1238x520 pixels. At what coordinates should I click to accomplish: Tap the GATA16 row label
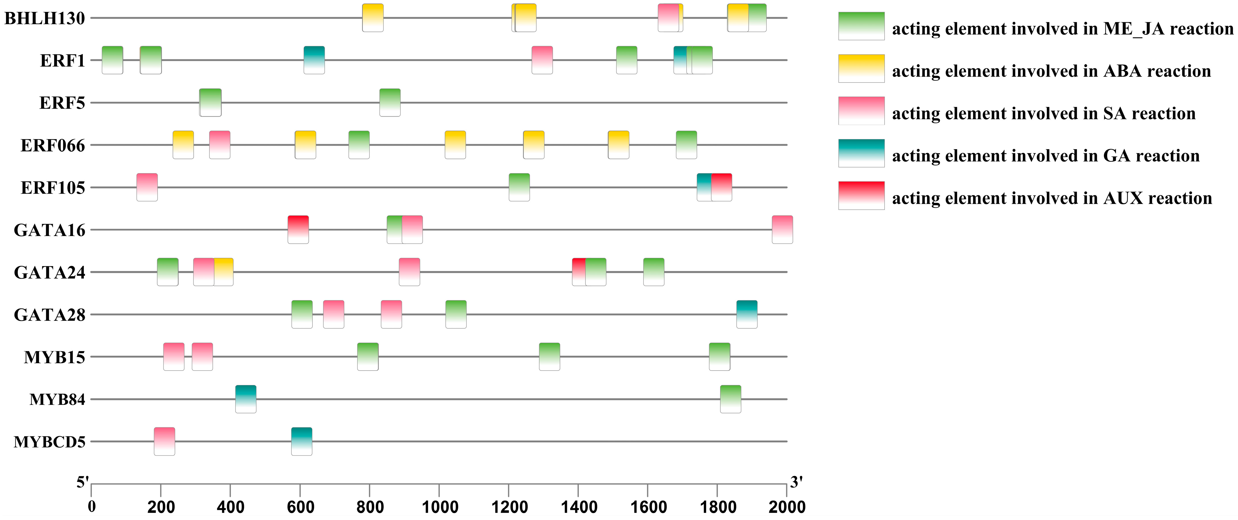point(50,230)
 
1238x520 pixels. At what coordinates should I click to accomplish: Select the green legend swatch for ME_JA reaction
point(861,26)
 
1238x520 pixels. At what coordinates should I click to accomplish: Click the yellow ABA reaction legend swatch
point(861,68)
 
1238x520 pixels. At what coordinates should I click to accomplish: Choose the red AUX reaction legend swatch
point(861,195)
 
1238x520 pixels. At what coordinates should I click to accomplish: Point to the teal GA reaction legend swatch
point(861,153)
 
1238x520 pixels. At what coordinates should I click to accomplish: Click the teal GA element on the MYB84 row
point(246,399)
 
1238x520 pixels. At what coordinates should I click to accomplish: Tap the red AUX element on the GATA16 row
point(298,229)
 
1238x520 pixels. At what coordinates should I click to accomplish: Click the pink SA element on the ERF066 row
point(220,144)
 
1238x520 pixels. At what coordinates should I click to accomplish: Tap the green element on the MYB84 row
point(731,399)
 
